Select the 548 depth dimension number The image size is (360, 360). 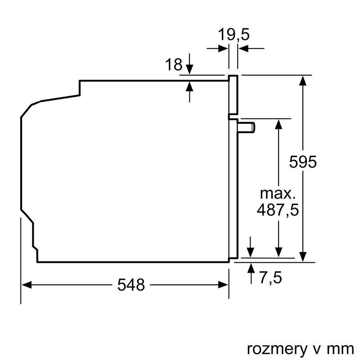coord(131,284)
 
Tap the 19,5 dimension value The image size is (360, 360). coord(234,34)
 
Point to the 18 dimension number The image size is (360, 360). coord(173,65)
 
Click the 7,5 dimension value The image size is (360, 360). coord(270,278)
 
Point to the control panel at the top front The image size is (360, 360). coord(233,94)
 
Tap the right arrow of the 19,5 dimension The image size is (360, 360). coord(243,48)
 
